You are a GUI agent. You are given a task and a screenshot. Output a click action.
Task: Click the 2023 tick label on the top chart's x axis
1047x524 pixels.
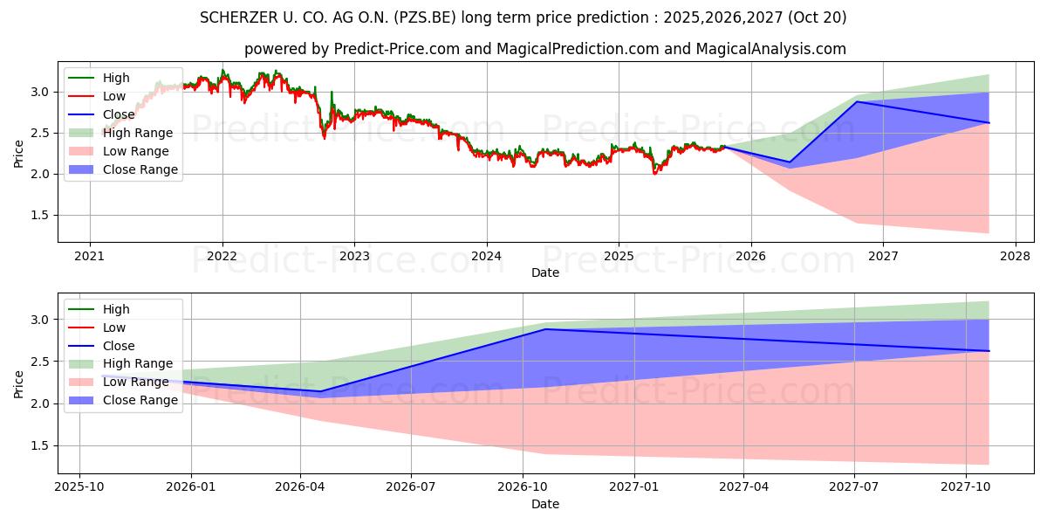(353, 257)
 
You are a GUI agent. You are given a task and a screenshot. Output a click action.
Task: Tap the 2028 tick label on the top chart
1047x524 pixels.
(1015, 257)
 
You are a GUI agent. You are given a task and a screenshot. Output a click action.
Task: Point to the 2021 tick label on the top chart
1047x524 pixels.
(89, 257)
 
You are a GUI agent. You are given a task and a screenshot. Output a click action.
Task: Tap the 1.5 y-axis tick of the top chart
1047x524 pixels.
(43, 216)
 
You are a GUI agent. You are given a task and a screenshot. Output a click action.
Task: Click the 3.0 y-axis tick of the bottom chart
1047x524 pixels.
(43, 321)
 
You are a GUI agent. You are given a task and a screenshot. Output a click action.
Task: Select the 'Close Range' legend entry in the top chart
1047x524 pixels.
(142, 169)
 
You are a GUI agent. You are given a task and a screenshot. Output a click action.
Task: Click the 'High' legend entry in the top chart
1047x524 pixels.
(116, 78)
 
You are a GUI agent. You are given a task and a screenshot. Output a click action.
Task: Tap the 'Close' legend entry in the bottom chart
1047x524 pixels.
(119, 346)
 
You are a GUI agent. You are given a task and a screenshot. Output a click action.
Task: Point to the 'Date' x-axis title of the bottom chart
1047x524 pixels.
(545, 504)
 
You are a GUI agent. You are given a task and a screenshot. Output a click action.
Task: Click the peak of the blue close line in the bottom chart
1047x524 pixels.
(546, 329)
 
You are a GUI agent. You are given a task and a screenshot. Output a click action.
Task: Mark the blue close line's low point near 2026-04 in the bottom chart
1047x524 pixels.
(321, 391)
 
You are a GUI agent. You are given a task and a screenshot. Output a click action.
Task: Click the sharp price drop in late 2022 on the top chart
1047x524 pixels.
(323, 131)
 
